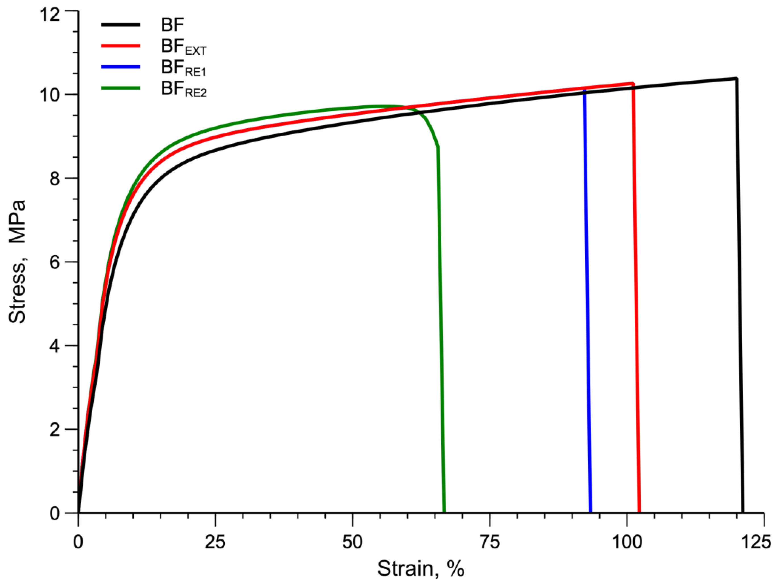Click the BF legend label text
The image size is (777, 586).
(x=172, y=25)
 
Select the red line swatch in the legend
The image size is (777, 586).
(x=120, y=46)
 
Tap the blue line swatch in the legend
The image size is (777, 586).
(x=120, y=67)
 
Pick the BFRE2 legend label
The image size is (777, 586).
(x=183, y=89)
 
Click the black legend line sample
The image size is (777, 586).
(x=120, y=25)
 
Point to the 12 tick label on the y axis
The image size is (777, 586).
(x=49, y=15)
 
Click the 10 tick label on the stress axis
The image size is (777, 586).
(x=49, y=95)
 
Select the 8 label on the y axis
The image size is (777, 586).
(x=55, y=178)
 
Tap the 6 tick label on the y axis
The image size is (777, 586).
(x=55, y=262)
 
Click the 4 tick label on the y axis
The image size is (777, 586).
(x=55, y=346)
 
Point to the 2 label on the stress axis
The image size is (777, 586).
(x=55, y=429)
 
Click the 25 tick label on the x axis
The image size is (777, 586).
(x=215, y=542)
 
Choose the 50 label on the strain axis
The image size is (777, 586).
(x=352, y=542)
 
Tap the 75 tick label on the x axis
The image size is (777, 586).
(x=489, y=542)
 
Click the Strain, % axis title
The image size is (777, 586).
(x=421, y=568)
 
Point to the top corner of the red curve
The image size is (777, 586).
(x=633, y=84)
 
